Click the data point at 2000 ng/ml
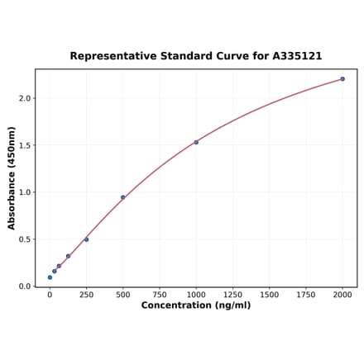(x=342, y=79)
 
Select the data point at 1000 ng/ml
(x=196, y=142)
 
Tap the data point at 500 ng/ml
(x=123, y=197)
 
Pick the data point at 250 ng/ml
(x=86, y=239)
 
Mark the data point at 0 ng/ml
(x=50, y=277)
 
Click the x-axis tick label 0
(x=50, y=294)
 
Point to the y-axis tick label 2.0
(x=24, y=98)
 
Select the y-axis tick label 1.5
(x=24, y=145)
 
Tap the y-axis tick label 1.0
(x=24, y=192)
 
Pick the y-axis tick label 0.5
(x=24, y=239)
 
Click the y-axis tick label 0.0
(x=24, y=286)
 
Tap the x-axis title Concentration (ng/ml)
(x=196, y=305)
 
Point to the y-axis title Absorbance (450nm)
(x=12, y=177)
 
